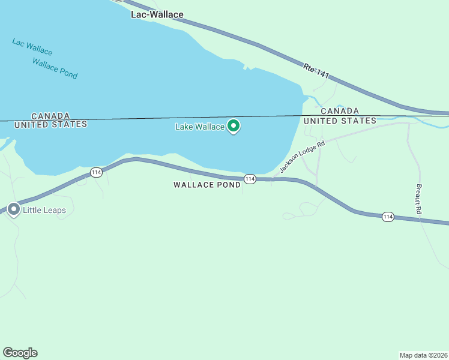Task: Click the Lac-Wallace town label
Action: (x=157, y=14)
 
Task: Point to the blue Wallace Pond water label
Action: (x=55, y=68)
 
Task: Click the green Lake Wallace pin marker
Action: (x=234, y=126)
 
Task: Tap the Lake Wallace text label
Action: (x=199, y=127)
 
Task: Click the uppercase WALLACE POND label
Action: (x=207, y=185)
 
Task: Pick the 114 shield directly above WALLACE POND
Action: (x=250, y=179)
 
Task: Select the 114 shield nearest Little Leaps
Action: (x=96, y=173)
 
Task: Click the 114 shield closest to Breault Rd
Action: (x=388, y=217)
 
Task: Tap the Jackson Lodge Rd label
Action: (x=302, y=158)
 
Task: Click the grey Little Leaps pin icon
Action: (x=13, y=211)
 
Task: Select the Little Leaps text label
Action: (x=44, y=211)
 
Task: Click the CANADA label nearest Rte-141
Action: (x=340, y=111)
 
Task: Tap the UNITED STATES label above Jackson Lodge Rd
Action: (x=340, y=121)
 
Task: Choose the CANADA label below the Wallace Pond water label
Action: (x=50, y=115)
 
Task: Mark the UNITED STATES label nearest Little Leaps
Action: (x=50, y=124)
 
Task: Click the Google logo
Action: (x=20, y=352)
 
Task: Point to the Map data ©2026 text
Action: (x=423, y=355)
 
